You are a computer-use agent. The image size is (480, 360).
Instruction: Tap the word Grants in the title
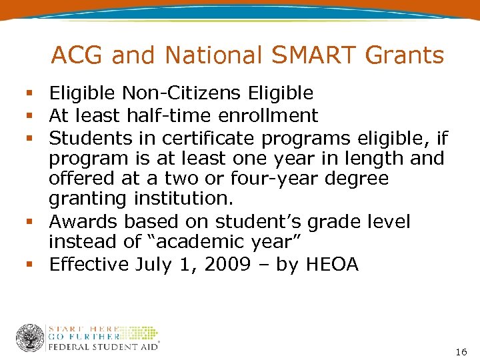pyautogui.click(x=407, y=55)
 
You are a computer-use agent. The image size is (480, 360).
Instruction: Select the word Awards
pyautogui.click(x=82, y=221)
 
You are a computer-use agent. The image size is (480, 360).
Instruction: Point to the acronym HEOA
pyautogui.click(x=331, y=264)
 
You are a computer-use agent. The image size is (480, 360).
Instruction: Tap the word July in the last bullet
pyautogui.click(x=155, y=264)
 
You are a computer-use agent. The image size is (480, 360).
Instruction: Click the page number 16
pyautogui.click(x=461, y=351)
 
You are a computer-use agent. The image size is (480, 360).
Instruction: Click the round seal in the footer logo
pyautogui.click(x=30, y=338)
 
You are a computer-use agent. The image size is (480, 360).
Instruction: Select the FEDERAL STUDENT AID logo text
pyautogui.click(x=103, y=347)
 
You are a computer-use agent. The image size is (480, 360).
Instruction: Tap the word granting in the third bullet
pyautogui.click(x=86, y=199)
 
